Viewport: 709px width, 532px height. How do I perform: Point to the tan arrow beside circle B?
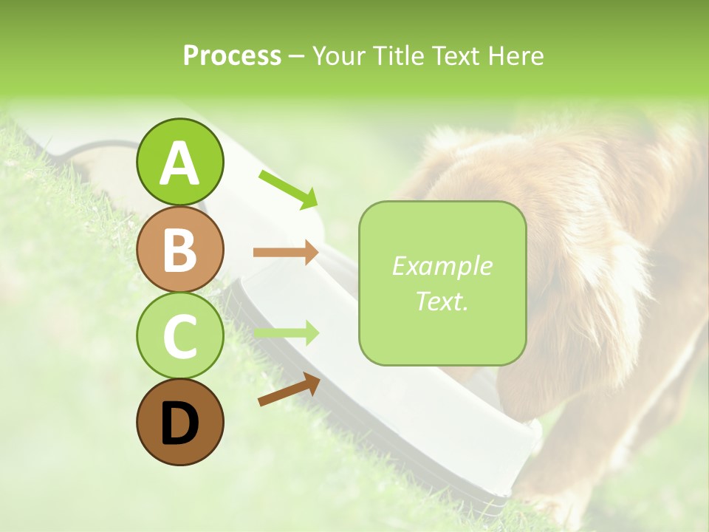[286, 252]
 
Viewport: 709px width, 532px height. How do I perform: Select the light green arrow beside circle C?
[286, 333]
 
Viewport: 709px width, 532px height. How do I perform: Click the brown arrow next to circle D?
[289, 389]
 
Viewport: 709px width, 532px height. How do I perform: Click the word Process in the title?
[232, 56]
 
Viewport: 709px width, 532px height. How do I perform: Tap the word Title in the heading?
[396, 56]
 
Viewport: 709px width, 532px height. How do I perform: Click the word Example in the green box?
[442, 266]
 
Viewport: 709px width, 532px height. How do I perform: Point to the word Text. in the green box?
[442, 301]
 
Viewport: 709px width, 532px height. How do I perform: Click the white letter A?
[179, 163]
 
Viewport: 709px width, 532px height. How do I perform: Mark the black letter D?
[179, 423]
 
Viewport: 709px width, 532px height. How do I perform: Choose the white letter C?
[179, 336]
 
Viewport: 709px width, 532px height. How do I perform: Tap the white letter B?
[179, 250]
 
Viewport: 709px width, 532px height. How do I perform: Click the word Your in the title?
[337, 56]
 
